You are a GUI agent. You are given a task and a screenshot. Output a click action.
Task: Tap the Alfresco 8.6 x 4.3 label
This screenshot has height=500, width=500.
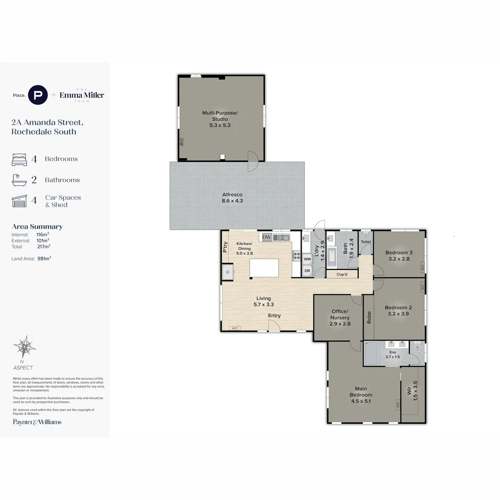(232, 198)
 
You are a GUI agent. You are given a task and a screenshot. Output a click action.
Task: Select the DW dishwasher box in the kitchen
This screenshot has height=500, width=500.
(266, 237)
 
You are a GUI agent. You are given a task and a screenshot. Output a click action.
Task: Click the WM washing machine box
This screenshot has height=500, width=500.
(307, 259)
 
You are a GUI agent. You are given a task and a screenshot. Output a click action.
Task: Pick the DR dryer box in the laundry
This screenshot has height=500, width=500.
(307, 271)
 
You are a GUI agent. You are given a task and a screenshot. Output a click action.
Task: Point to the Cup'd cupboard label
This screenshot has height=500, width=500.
(342, 274)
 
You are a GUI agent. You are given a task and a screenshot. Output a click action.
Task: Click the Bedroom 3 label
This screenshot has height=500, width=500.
(398, 256)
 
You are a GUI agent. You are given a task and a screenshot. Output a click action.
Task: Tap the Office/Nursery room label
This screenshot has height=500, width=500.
(340, 318)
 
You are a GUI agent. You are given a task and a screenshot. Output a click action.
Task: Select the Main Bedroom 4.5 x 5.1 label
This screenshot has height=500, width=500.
(361, 395)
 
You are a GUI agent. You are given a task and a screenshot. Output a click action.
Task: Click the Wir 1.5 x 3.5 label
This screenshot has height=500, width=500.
(412, 391)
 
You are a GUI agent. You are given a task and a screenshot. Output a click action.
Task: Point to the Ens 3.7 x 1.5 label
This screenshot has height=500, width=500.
(392, 355)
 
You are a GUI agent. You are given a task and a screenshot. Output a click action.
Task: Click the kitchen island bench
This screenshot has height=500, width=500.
(264, 268)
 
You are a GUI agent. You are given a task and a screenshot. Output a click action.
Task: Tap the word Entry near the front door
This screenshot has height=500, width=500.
(274, 316)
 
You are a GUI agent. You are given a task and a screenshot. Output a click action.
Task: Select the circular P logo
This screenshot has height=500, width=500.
(38, 95)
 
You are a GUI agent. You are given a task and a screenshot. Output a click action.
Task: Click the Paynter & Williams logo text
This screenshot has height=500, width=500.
(37, 422)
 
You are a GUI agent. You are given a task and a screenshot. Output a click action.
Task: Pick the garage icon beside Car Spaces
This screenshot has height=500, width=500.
(19, 201)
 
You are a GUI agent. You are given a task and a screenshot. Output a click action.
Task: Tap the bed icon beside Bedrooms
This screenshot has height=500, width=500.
(19, 159)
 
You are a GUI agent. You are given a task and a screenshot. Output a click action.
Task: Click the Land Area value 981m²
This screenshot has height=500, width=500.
(44, 258)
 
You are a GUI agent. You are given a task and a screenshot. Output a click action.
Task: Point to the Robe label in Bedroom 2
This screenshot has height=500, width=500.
(369, 317)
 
